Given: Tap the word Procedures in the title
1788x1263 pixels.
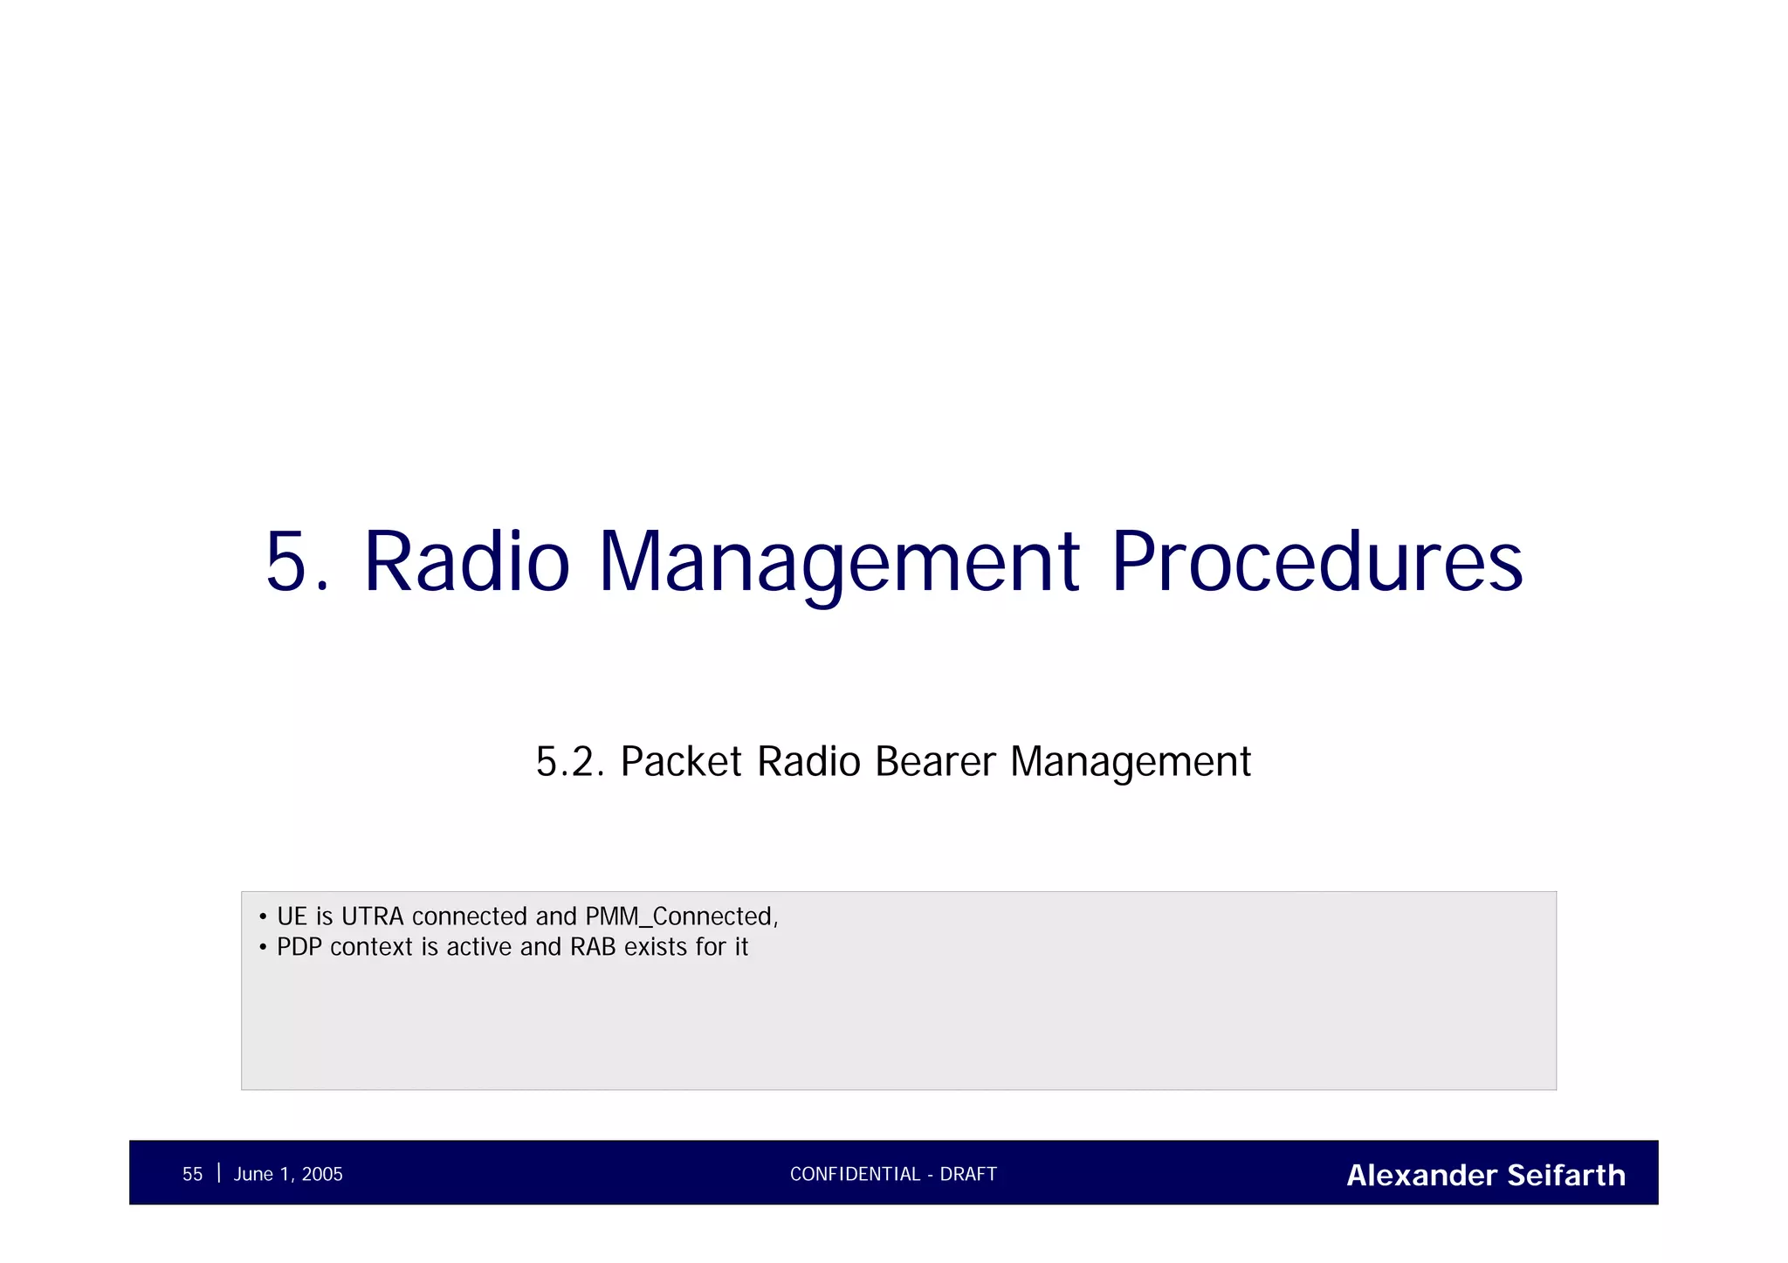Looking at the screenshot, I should (1317, 563).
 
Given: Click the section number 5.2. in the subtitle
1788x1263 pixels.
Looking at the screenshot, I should (569, 762).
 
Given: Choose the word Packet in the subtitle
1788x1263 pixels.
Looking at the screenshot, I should (681, 762).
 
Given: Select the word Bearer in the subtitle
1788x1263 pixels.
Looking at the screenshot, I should (934, 762).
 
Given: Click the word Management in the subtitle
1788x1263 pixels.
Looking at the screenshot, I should (1131, 762).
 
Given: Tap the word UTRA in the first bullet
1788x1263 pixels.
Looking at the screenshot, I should (372, 916).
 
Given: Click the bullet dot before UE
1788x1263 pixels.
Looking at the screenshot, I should (263, 917).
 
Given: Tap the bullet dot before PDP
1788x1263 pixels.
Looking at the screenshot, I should (263, 948).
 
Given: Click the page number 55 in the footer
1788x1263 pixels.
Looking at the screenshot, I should (192, 1175).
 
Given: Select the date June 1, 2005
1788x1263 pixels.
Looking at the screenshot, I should (288, 1175).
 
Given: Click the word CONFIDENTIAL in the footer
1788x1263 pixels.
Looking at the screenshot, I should (855, 1175).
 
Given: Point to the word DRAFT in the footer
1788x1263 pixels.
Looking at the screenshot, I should (968, 1175).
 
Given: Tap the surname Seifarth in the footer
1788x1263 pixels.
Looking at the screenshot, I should (1566, 1176).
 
